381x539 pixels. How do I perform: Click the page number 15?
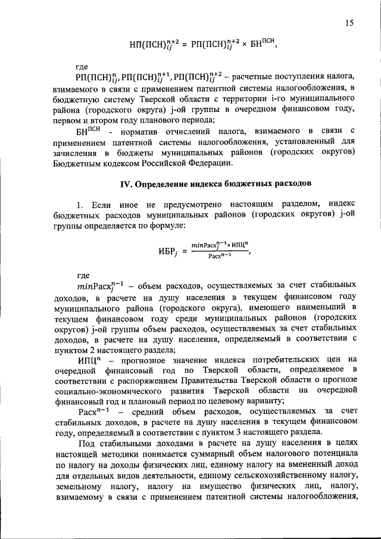[349, 23]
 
